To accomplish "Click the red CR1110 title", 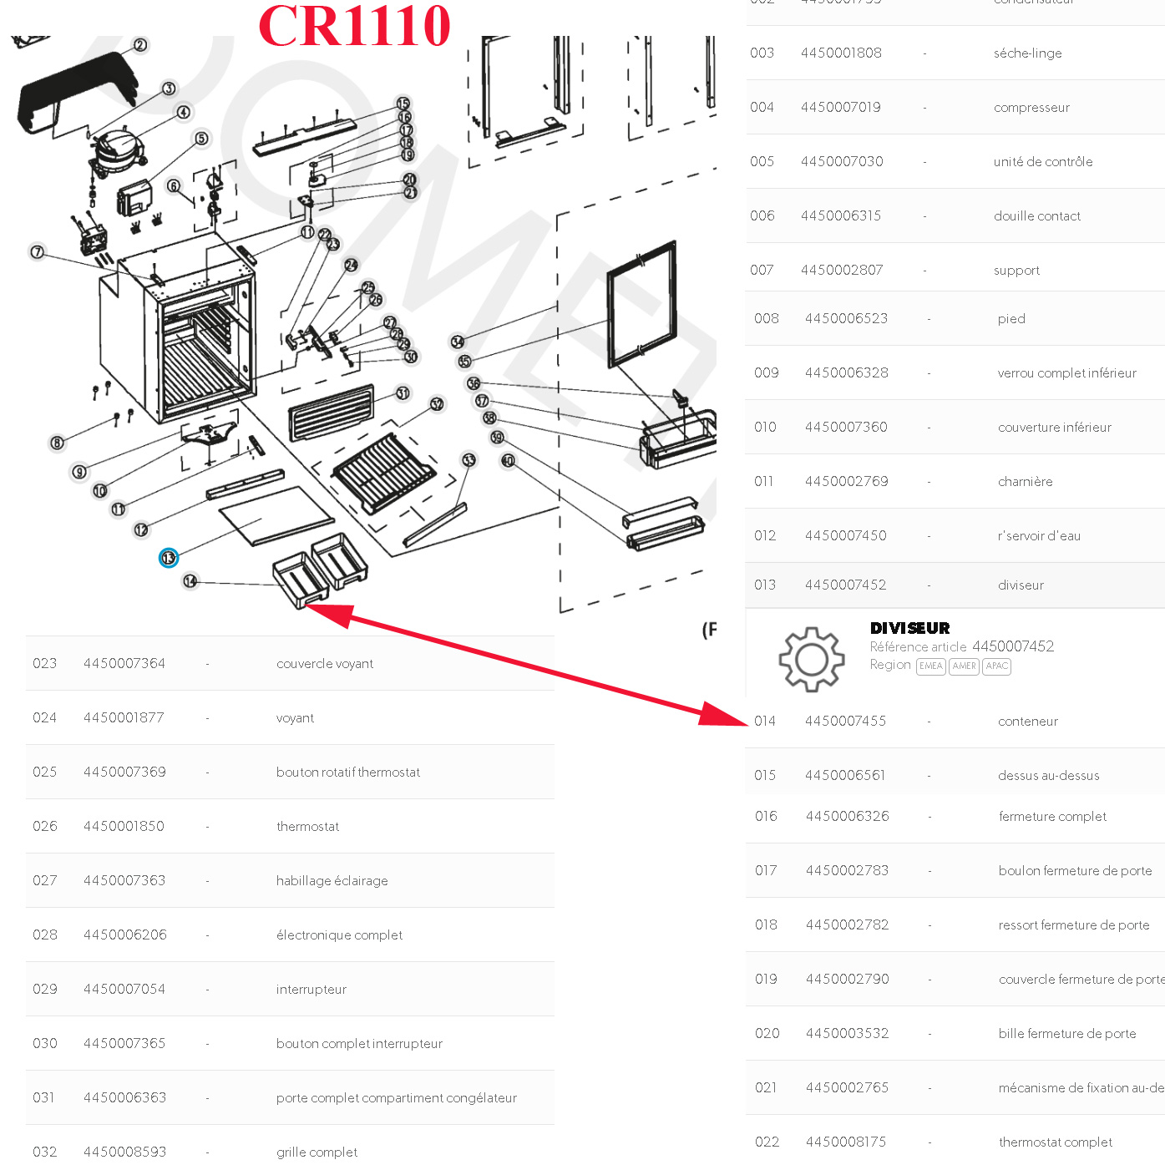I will [x=354, y=26].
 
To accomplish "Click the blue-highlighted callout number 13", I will [x=169, y=558].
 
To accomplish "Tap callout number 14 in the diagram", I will [x=190, y=581].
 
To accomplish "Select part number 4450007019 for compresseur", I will [x=840, y=107].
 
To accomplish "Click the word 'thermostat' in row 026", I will [x=307, y=827].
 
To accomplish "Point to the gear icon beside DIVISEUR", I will [x=811, y=659].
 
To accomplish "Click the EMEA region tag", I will [x=930, y=666].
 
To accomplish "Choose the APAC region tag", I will [x=996, y=666].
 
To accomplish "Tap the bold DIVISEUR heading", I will [x=909, y=628].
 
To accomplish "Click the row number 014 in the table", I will [x=765, y=722].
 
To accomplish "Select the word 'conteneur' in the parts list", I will [x=1027, y=722].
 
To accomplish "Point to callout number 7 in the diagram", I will [x=37, y=252].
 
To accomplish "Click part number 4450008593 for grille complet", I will [x=124, y=1152].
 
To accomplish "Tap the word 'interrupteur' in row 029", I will [x=311, y=990].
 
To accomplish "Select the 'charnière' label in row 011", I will [x=1025, y=482].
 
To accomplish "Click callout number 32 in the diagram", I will [x=437, y=404].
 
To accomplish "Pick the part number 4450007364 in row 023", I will [x=124, y=664].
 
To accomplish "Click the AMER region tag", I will [x=964, y=666].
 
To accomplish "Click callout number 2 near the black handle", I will [x=140, y=45].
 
